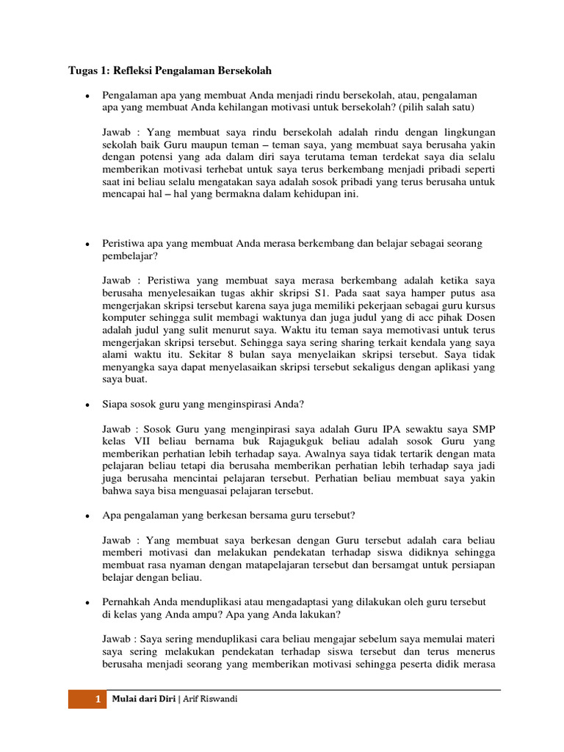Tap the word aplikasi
tap(446, 367)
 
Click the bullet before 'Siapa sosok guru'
tap(87, 405)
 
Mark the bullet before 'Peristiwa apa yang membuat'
tap(87, 243)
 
